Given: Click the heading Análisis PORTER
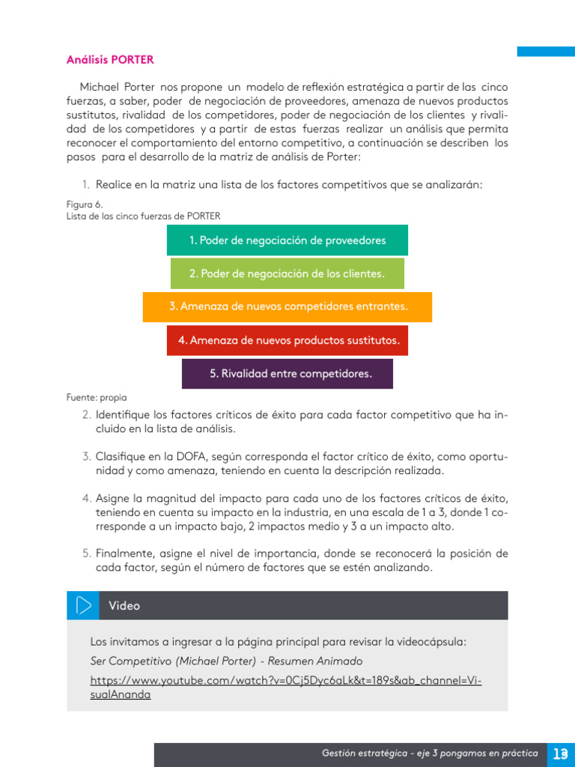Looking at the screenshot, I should (x=110, y=59).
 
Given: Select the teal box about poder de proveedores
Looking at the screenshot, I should (x=287, y=240).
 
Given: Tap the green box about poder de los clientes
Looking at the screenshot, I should (x=287, y=274).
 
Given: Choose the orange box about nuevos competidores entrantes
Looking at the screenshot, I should (x=287, y=307).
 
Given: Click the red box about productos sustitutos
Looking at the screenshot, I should (x=287, y=341).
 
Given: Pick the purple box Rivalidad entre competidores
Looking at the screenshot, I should (x=287, y=374).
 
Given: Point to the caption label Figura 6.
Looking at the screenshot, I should (x=85, y=204).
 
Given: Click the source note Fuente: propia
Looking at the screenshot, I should (x=97, y=398).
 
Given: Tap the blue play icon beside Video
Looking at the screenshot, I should (x=83, y=605).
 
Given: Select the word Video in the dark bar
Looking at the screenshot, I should (x=124, y=606).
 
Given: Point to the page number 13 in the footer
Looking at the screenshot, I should (x=560, y=754).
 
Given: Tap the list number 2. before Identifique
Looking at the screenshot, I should (x=86, y=415).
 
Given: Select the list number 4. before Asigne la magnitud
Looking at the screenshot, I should (x=86, y=498).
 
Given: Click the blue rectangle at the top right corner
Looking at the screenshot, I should (x=546, y=51).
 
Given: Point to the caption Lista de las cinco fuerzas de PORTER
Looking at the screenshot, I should (x=144, y=216).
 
